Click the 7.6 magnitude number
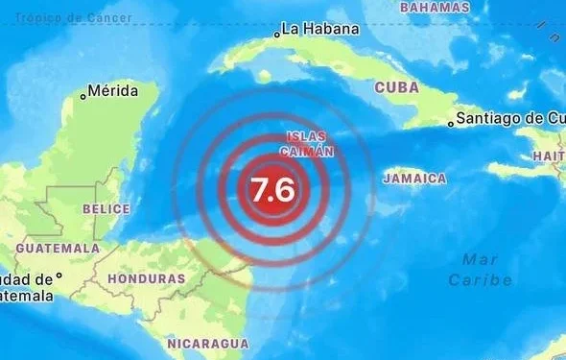pos(272,188)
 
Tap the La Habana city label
pos(320,29)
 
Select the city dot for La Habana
pos(277,34)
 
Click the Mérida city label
pos(121,91)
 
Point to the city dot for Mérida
pos(83,94)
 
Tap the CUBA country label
pos(396,86)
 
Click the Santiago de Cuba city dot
pos(451,123)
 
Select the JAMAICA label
pos(414,179)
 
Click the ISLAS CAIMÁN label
pos(307,145)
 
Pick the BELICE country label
pos(106,208)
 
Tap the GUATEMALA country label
pos(58,248)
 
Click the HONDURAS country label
pos(146,278)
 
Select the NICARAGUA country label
pos(207,343)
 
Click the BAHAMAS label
pos(434,7)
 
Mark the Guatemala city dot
pos(59,276)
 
